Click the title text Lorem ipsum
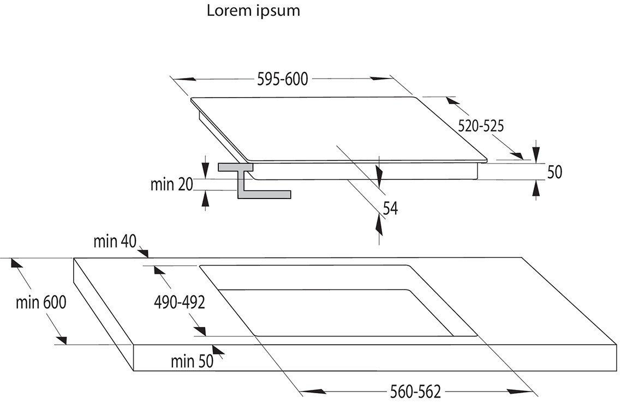click(x=253, y=11)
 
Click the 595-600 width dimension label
click(x=282, y=79)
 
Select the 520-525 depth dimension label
click(x=481, y=126)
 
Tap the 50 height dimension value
click(x=554, y=172)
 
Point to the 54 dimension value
click(x=390, y=209)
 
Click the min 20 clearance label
click(x=171, y=184)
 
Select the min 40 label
click(x=115, y=241)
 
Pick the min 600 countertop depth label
click(x=41, y=303)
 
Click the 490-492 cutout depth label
click(x=180, y=303)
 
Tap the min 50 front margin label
click(x=192, y=361)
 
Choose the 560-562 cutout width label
click(x=415, y=392)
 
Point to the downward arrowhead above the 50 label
click(x=536, y=152)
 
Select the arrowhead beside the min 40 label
click(x=144, y=252)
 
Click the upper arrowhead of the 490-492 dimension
click(x=159, y=270)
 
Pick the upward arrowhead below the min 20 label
click(x=205, y=199)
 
